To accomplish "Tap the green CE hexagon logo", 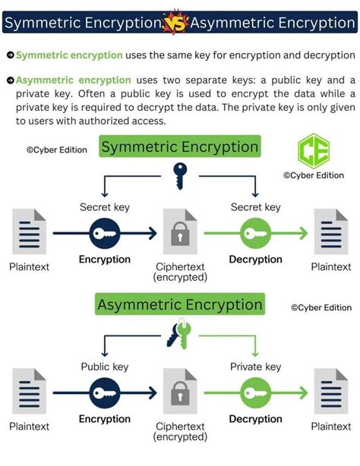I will point(309,150).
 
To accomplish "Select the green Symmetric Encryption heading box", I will point(180,146).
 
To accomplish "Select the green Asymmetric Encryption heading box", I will point(180,305).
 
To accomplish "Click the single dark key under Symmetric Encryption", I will point(180,175).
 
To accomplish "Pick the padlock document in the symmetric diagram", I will point(180,235).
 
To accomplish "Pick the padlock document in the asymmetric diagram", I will point(180,395).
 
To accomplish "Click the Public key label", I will point(104,367).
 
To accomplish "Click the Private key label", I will point(256,367).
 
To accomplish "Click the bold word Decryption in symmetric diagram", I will point(256,260).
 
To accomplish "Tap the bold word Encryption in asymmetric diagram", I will point(104,419).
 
